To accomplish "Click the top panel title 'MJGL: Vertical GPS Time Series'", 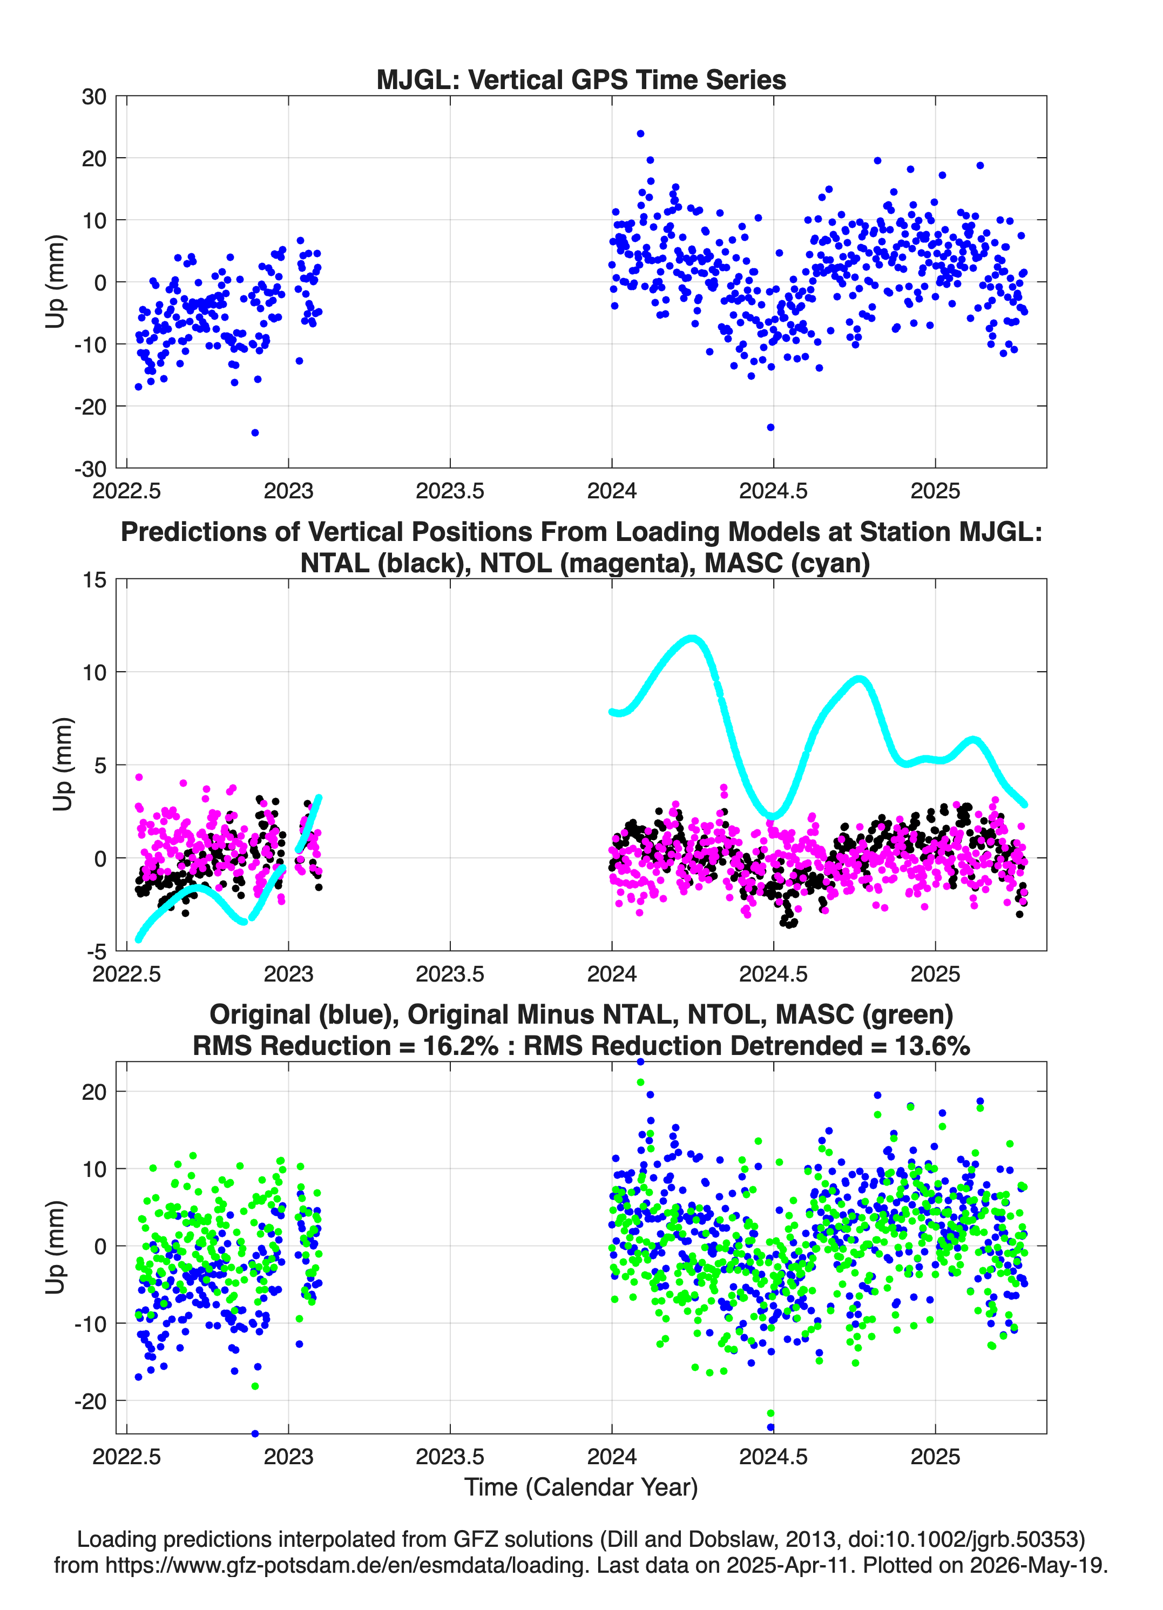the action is (x=581, y=79).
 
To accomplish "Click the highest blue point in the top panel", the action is (x=640, y=133).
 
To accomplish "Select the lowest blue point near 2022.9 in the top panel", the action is (x=255, y=432).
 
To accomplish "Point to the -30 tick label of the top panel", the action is (x=90, y=469).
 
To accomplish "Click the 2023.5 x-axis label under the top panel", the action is (x=450, y=491).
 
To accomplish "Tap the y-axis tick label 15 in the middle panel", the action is (x=94, y=580).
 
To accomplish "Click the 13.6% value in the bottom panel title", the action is (x=932, y=1046).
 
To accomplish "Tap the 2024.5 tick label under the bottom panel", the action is (x=773, y=1457).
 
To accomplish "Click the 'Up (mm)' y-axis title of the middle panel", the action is (x=63, y=765).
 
